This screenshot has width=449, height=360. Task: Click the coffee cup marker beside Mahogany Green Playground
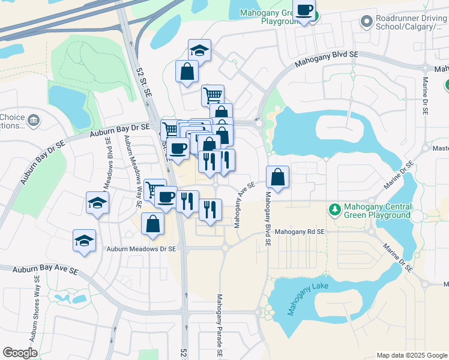304,11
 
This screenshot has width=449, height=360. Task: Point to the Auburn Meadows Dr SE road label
141,248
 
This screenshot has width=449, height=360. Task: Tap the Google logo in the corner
20,353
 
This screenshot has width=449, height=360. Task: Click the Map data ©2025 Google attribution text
411,355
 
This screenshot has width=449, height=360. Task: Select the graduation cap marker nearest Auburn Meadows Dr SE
84,241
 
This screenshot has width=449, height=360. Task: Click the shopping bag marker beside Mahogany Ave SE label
277,177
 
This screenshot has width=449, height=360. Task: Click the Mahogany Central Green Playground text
377,211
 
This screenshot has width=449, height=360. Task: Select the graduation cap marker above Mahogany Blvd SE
199,50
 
